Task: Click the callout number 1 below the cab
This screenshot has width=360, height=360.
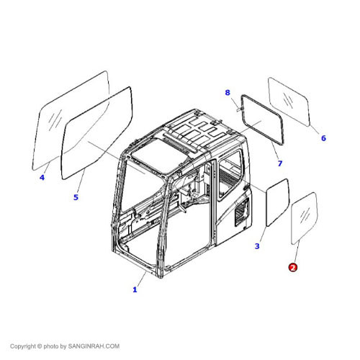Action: click(x=135, y=289)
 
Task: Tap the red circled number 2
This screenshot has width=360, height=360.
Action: click(x=292, y=267)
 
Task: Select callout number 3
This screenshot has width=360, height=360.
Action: click(x=257, y=246)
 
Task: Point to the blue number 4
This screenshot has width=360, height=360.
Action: click(x=41, y=178)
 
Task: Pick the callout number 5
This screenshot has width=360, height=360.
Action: click(x=76, y=197)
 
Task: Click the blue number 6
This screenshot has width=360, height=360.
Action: click(x=323, y=138)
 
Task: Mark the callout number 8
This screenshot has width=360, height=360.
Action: click(x=227, y=93)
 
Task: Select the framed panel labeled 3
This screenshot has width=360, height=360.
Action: click(x=275, y=204)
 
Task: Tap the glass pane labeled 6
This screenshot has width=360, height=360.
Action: click(x=294, y=99)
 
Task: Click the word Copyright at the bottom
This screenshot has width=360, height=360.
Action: click(x=24, y=346)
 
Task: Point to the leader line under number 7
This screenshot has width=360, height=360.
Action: click(x=276, y=152)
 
